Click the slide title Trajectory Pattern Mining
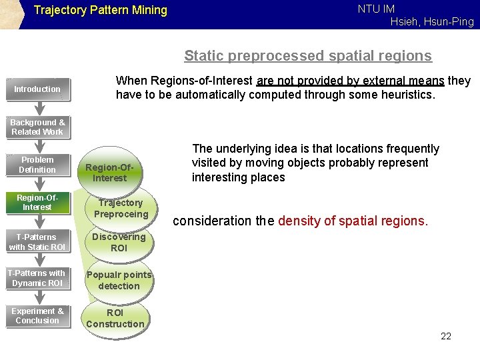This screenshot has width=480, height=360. (x=100, y=10)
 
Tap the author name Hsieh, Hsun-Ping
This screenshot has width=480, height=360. (x=432, y=21)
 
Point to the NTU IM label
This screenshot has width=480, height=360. (x=376, y=9)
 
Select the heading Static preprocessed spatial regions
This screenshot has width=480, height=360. (x=308, y=56)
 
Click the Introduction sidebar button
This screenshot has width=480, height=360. (x=37, y=89)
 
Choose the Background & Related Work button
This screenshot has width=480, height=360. (x=37, y=127)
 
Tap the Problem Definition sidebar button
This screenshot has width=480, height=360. (x=37, y=165)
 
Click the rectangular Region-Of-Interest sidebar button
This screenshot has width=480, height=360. (x=37, y=203)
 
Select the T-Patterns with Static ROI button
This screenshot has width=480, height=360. (x=37, y=242)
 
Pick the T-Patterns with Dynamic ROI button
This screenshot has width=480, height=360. (x=37, y=278)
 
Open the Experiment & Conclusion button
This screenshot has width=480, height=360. (x=37, y=316)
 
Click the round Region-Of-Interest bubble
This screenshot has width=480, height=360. (x=110, y=173)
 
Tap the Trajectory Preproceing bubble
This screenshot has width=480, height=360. (x=121, y=208)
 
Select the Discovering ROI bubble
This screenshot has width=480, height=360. (x=119, y=242)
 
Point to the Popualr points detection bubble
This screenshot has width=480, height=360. (x=119, y=280)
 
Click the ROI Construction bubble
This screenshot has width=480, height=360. (x=115, y=318)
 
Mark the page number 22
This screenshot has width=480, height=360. (x=446, y=336)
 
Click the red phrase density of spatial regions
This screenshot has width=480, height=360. (x=353, y=221)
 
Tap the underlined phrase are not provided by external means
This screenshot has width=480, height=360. (x=350, y=81)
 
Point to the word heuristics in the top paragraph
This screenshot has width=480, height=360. (x=406, y=95)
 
